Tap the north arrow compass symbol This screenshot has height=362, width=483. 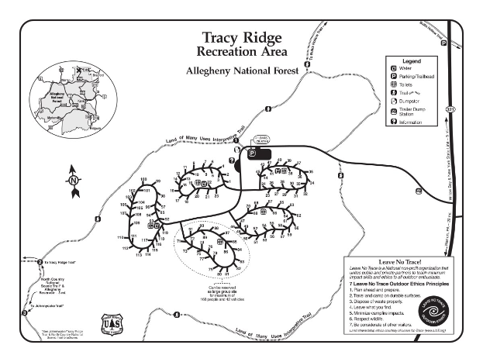[74, 179]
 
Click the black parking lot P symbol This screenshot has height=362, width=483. [252, 154]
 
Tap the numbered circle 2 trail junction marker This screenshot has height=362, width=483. [40, 263]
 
